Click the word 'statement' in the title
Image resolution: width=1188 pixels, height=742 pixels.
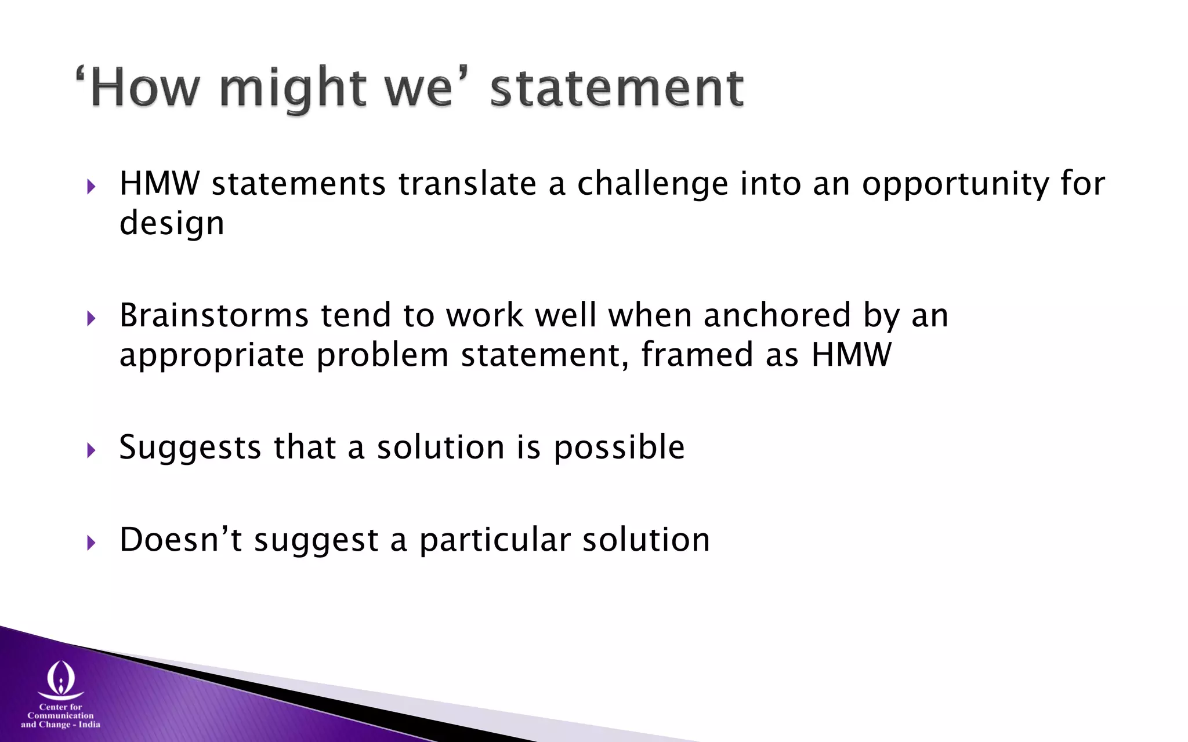tap(617, 88)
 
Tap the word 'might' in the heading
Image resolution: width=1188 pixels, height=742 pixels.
tap(293, 88)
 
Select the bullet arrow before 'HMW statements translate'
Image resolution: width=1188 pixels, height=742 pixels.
tap(90, 187)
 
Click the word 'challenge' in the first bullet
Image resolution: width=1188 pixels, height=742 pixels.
tap(652, 184)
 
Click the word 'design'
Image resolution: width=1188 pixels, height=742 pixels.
tap(172, 224)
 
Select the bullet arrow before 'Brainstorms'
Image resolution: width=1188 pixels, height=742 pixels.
tap(90, 318)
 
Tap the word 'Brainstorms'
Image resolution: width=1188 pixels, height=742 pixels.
tap(214, 316)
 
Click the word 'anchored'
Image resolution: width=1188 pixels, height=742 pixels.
tap(777, 316)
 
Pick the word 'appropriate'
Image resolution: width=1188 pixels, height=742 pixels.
tap(212, 355)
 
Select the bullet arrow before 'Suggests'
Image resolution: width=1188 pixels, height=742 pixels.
tap(90, 450)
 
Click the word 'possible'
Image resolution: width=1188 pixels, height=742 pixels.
tap(619, 448)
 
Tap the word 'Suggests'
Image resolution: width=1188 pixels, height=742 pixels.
tap(190, 448)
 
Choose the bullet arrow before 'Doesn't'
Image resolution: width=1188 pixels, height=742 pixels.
tap(90, 543)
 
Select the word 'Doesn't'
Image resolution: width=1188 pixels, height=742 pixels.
tap(180, 540)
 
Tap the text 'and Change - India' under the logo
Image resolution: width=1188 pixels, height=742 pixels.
tap(60, 725)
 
